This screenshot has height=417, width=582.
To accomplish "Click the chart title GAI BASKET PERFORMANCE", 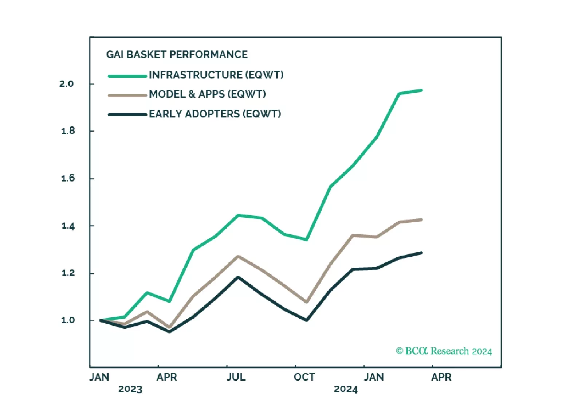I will pyautogui.click(x=177, y=55).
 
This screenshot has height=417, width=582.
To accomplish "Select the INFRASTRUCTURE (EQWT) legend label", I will pyautogui.click(x=216, y=75).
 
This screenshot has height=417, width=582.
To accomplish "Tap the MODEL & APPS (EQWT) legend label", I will pyautogui.click(x=207, y=94).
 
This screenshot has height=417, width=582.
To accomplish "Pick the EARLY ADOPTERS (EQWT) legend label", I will pyautogui.click(x=215, y=114).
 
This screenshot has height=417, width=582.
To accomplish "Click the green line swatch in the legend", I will pyautogui.click(x=127, y=76).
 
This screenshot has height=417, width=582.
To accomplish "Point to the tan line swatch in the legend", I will pyautogui.click(x=127, y=96).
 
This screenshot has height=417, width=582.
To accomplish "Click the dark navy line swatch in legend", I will pyautogui.click(x=127, y=115).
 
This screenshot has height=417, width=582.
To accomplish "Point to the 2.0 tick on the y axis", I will pyautogui.click(x=66, y=84).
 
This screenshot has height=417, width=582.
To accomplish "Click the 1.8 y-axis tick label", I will pyautogui.click(x=68, y=131).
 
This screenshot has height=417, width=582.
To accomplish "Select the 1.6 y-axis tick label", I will pyautogui.click(x=68, y=178).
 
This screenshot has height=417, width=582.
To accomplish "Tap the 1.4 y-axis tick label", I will pyautogui.click(x=68, y=226).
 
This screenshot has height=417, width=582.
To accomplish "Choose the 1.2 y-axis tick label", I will pyautogui.click(x=68, y=273).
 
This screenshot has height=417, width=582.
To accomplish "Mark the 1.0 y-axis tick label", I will pyautogui.click(x=68, y=320).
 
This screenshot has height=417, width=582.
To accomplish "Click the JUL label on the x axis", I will pyautogui.click(x=236, y=377).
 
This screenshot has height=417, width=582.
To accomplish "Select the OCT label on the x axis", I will pyautogui.click(x=304, y=377).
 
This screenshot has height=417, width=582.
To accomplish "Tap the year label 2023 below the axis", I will pyautogui.click(x=130, y=389).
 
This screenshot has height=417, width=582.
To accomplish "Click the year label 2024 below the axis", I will pyautogui.click(x=346, y=389).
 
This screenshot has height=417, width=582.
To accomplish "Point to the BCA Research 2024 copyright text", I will pyautogui.click(x=444, y=351).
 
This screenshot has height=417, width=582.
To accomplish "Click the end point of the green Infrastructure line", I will pyautogui.click(x=421, y=90).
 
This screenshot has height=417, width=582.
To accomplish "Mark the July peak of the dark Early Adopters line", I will pyautogui.click(x=238, y=277).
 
